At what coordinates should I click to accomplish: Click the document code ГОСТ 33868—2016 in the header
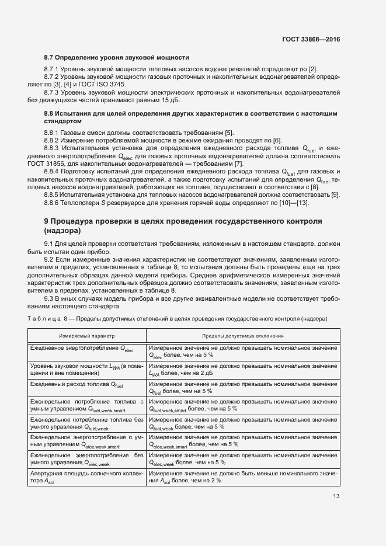click(310, 40)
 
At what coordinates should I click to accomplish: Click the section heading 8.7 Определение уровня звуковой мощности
click(117, 58)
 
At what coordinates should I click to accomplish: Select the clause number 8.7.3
click(54, 93)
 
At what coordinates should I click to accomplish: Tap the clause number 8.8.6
click(54, 202)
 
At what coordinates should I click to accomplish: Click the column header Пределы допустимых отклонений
click(242, 336)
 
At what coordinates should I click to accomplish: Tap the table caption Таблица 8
click(47, 318)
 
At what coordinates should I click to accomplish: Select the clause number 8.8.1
click(54, 133)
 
